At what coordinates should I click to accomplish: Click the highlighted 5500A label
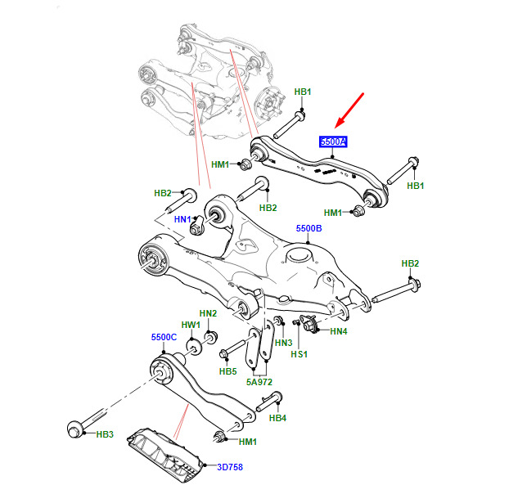tap(333, 141)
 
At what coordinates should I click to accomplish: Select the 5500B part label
tap(309, 228)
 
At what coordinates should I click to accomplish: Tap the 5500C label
tap(164, 337)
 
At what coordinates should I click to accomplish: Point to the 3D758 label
tap(230, 467)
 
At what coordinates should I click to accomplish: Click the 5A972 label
tap(259, 382)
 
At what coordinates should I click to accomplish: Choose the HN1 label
tap(182, 219)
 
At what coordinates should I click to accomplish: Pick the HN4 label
tap(339, 331)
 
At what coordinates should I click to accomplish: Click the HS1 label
tap(299, 354)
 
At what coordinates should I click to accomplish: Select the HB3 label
tap(105, 434)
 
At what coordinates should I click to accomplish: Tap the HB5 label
tap(227, 371)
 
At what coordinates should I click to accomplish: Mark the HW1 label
tap(191, 325)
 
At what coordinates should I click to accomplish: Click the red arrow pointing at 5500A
tap(349, 110)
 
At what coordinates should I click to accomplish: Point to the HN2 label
tap(208, 313)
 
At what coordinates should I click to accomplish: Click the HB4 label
tap(277, 418)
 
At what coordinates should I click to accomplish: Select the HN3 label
tap(283, 343)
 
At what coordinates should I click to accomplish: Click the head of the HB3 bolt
tap(74, 429)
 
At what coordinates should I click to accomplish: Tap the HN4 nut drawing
tap(309, 323)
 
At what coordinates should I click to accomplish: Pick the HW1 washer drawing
tap(194, 347)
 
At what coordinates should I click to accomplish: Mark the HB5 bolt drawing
tap(233, 348)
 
